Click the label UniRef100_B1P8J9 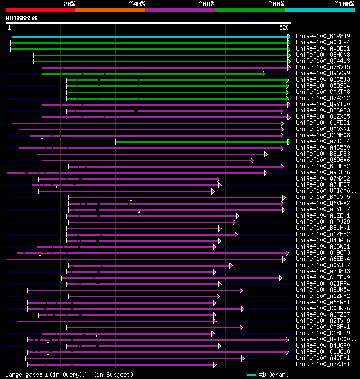pyautogui.click(x=323, y=36)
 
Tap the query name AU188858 pyautogui.click(x=21, y=18)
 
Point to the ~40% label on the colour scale pyautogui.click(x=137, y=4)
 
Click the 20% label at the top pyautogui.click(x=69, y=4)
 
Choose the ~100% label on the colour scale pyautogui.click(x=344, y=4)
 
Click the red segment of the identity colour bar pyautogui.click(x=39, y=10)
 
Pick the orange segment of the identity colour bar pyautogui.click(x=110, y=10)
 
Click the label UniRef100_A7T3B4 pyautogui.click(x=323, y=141)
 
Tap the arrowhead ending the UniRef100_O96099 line pyautogui.click(x=264, y=73)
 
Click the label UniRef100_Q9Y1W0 pyautogui.click(x=323, y=104)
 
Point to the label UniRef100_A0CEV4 pyautogui.click(x=323, y=42)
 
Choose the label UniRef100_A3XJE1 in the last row pyautogui.click(x=323, y=364)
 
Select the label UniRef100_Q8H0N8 pyautogui.click(x=323, y=55)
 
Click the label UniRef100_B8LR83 pyautogui.click(x=323, y=154)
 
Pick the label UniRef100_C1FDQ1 pyautogui.click(x=323, y=123)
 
